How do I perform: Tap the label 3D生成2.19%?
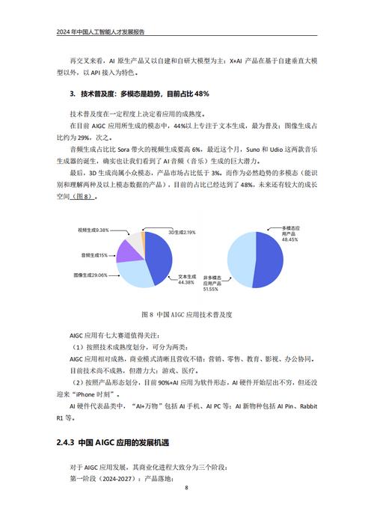pos(181,232)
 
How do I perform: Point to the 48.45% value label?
pos(290,240)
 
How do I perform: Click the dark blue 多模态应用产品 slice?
pos(269,258)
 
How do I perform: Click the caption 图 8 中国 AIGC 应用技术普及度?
pos(186,314)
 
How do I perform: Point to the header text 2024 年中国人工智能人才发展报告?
pos(100,32)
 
